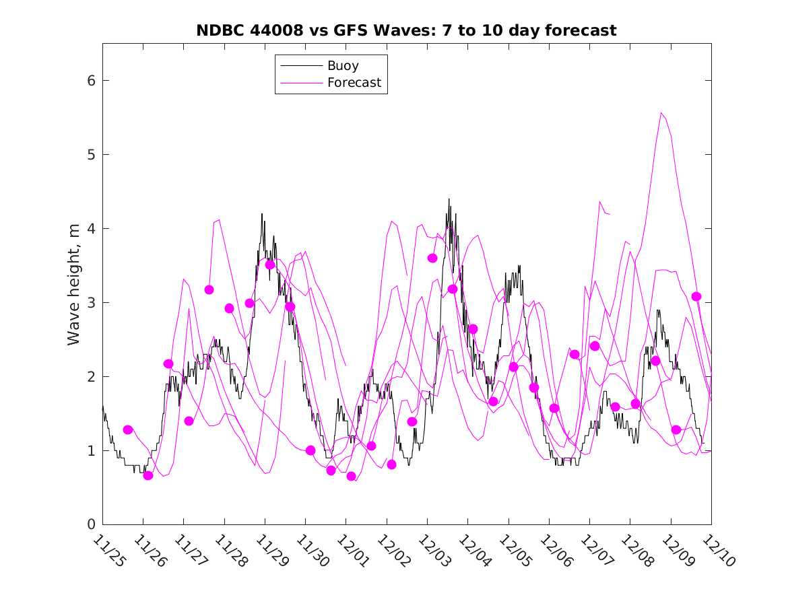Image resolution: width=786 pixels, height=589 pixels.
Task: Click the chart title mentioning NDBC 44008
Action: (x=406, y=30)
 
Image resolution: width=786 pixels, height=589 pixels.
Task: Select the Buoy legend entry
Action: (x=343, y=66)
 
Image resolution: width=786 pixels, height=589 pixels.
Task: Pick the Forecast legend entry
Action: (x=354, y=83)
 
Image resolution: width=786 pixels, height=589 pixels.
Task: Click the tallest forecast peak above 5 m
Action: (x=661, y=113)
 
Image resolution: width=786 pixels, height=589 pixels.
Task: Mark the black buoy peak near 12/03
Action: (x=449, y=199)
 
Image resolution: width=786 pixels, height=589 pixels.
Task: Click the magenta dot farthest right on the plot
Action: (x=696, y=297)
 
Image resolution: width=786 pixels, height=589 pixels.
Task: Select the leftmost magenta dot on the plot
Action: (x=128, y=429)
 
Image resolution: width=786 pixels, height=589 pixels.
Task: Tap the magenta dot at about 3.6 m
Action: (x=432, y=258)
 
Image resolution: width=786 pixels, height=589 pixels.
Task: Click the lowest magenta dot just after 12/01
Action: (x=351, y=477)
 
